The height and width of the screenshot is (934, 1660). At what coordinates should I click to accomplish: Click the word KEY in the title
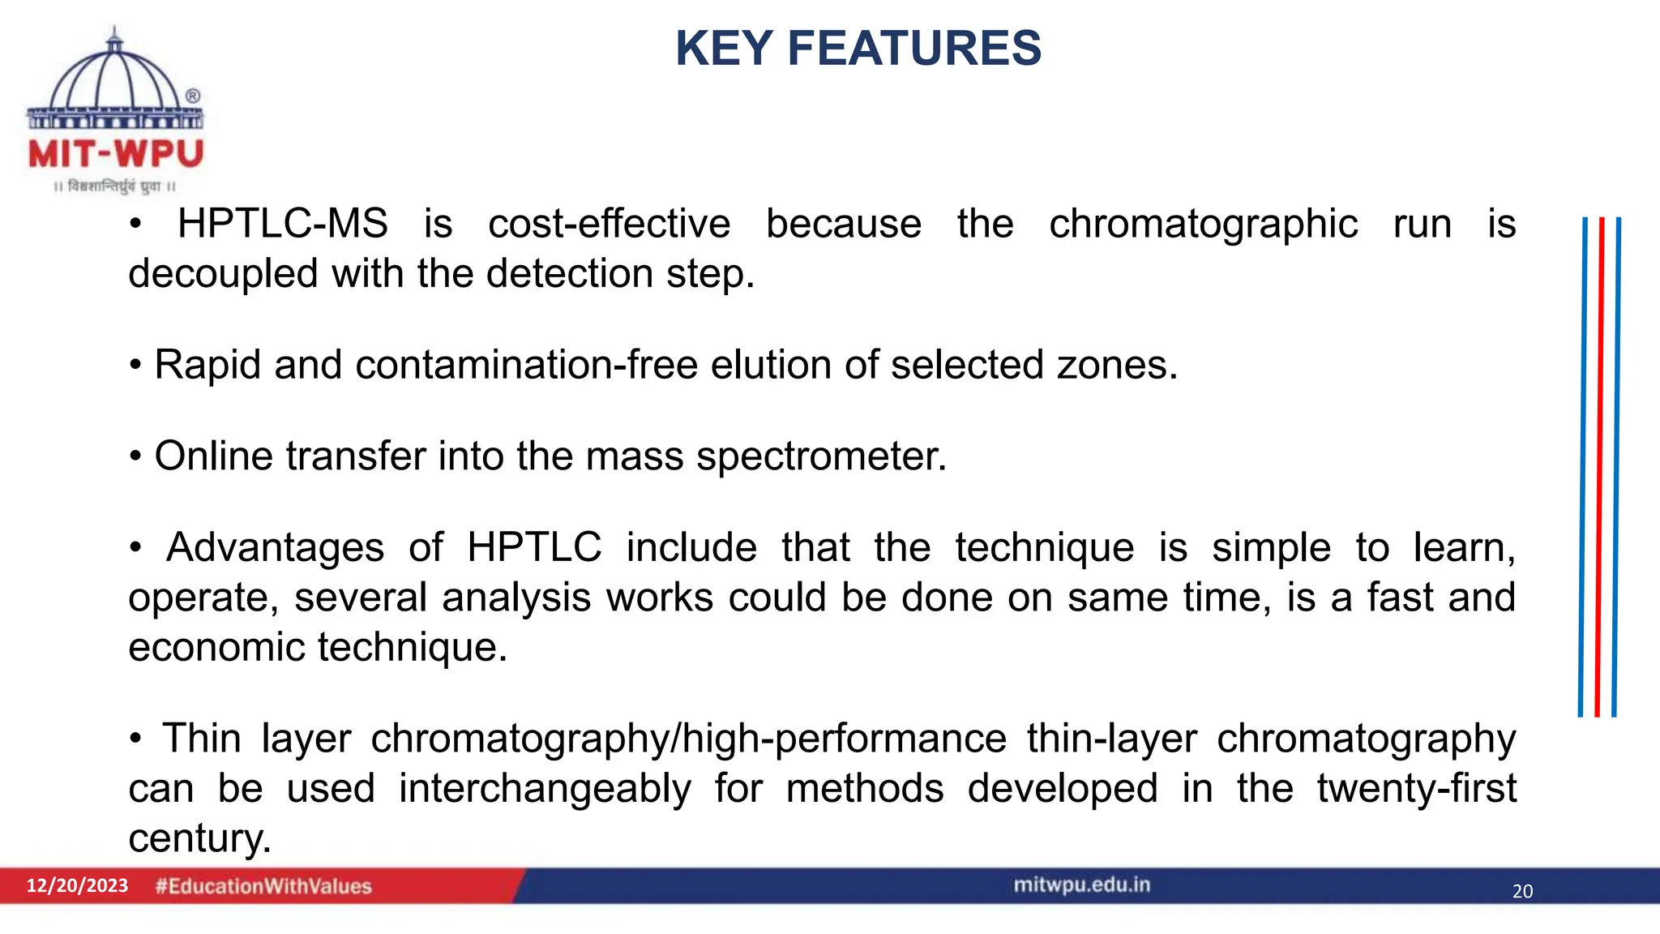tap(724, 49)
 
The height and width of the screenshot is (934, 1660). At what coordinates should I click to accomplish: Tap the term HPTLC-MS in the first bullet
tap(282, 224)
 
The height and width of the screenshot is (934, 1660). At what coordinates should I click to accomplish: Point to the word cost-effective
tap(609, 224)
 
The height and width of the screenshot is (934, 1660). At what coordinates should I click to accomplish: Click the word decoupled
tap(223, 274)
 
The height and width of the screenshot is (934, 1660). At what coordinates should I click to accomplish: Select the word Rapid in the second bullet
tap(207, 365)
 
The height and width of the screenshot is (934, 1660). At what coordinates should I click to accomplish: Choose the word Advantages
tap(275, 547)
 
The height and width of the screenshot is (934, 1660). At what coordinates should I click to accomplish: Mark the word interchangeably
tap(545, 789)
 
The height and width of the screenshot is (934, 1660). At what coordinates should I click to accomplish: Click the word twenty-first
tap(1416, 789)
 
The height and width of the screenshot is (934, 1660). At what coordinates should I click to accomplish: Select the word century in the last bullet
tap(199, 839)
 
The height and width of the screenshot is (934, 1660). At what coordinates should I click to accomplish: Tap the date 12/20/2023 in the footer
tap(77, 885)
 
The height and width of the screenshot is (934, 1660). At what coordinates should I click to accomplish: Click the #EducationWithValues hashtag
tap(263, 886)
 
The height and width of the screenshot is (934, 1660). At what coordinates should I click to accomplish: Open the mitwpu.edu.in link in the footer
tap(1081, 885)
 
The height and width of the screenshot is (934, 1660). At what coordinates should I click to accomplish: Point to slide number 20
tap(1522, 891)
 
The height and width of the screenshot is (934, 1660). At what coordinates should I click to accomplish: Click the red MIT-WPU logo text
tap(115, 154)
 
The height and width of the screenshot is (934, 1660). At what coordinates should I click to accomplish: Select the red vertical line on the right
tap(1599, 466)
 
